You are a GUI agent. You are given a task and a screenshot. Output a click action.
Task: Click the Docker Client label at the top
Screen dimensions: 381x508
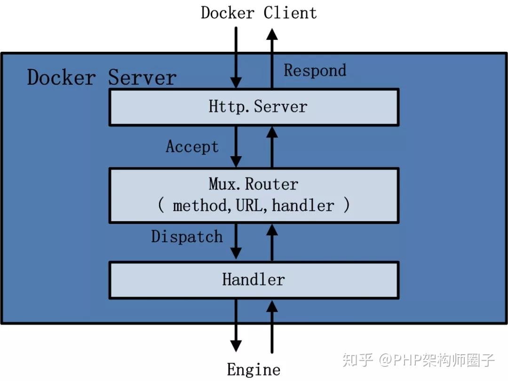[259, 13]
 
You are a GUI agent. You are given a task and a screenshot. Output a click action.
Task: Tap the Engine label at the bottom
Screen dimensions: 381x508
[254, 370]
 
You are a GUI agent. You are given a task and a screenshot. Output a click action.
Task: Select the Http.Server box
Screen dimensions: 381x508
[254, 107]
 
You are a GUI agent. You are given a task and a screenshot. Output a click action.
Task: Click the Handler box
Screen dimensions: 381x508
[254, 280]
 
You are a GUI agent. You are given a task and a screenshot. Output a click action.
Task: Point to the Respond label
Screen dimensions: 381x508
[315, 71]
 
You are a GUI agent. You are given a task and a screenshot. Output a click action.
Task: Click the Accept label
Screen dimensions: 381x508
[192, 147]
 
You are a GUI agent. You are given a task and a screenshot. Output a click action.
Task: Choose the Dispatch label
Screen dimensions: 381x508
[187, 236]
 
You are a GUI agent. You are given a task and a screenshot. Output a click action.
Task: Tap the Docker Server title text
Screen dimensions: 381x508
[102, 78]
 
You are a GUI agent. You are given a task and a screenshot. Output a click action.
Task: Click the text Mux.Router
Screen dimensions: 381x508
[254, 184]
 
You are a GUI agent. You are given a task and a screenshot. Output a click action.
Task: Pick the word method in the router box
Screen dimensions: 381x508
[199, 206]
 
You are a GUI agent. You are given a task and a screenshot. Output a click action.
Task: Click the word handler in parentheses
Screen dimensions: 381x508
[303, 206]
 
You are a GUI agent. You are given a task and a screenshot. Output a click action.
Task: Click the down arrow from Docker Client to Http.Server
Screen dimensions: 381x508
[236, 56]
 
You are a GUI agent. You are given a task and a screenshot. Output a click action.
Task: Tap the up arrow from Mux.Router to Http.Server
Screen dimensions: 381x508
[271, 147]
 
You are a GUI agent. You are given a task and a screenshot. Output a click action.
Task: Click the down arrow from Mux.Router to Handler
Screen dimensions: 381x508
[236, 241]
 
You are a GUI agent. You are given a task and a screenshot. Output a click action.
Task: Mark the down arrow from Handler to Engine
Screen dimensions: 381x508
[236, 325]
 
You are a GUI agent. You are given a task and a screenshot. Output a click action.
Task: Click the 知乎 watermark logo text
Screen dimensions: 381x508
[358, 360]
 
